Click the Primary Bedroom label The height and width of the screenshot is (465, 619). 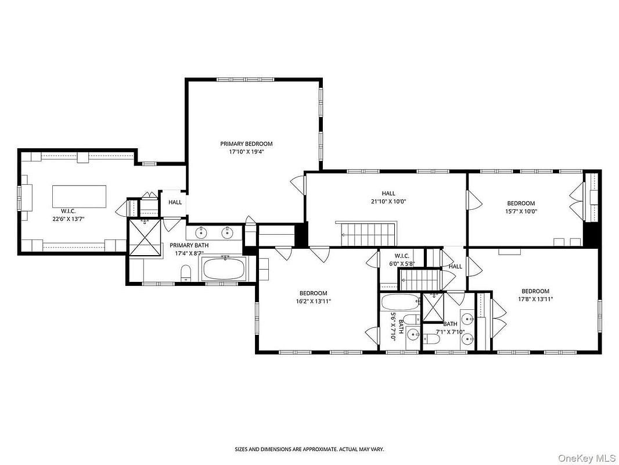[246, 144]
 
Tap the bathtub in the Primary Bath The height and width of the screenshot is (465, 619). [224, 269]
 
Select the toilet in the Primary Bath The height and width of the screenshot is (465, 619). [186, 273]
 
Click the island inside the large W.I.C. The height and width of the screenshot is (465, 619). [80, 196]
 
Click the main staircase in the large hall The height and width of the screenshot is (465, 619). [368, 234]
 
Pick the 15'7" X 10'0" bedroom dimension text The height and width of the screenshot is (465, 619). [521, 211]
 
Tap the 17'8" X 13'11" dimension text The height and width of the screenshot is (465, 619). [535, 299]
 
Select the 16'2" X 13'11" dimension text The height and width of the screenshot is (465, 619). [313, 301]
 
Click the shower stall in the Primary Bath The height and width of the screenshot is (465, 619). [145, 237]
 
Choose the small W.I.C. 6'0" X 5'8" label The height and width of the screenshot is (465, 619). [402, 260]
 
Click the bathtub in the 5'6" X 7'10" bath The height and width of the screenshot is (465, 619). [400, 303]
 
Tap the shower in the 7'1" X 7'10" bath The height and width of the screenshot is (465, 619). [433, 307]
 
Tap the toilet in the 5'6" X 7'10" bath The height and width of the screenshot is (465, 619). [412, 319]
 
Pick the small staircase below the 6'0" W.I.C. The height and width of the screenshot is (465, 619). [420, 279]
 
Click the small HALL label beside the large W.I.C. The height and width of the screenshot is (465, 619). [175, 202]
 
